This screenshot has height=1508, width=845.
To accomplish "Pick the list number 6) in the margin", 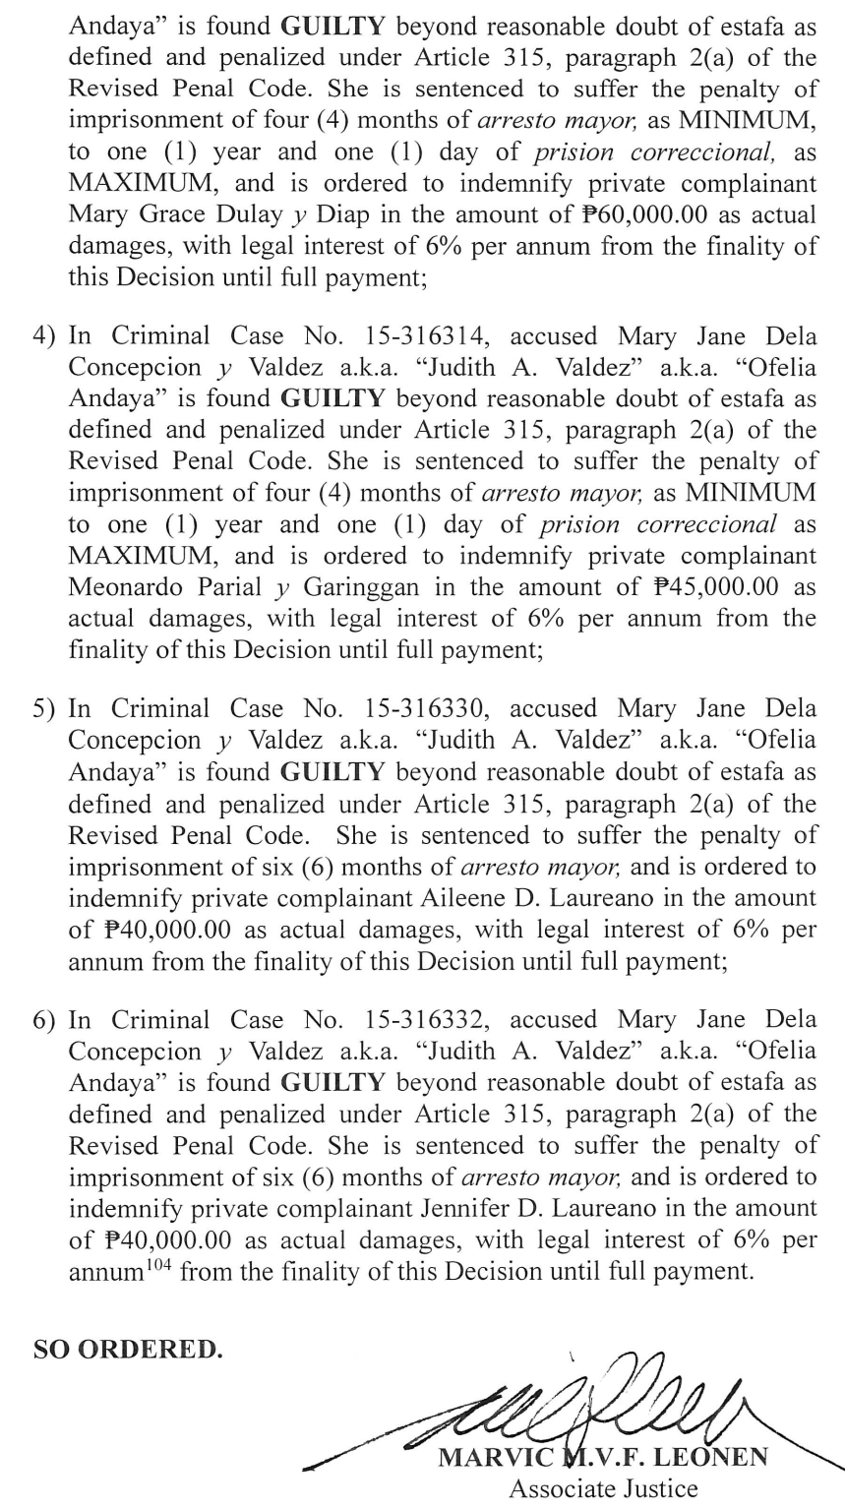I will point(44,1020).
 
